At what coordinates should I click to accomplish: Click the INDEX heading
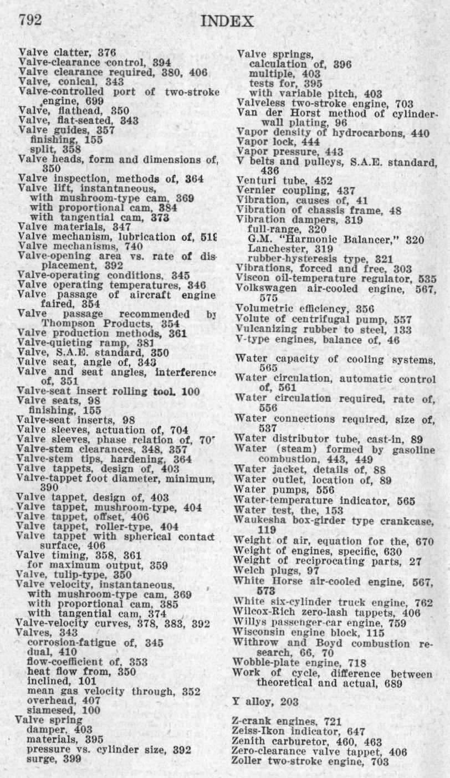[x=228, y=22]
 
